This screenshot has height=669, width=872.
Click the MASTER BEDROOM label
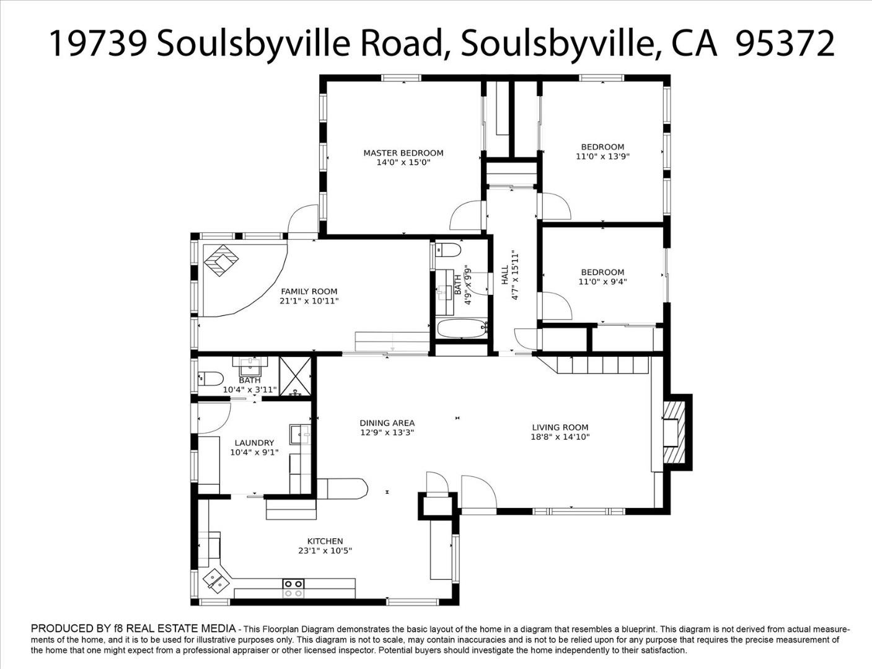(403, 153)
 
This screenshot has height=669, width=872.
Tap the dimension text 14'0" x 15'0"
(403, 162)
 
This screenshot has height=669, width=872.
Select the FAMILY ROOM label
(309, 292)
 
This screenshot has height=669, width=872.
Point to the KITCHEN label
(325, 541)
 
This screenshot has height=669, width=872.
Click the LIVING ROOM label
(560, 427)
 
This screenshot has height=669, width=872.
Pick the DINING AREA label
(387, 422)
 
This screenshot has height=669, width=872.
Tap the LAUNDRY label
(254, 443)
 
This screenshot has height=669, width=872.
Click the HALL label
(505, 275)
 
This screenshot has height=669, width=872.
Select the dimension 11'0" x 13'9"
(602, 157)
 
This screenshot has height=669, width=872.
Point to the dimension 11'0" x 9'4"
(602, 282)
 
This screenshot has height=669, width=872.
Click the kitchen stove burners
(293, 588)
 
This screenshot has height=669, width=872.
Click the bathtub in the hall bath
(462, 329)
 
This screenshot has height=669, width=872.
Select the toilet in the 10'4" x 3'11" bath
(211, 378)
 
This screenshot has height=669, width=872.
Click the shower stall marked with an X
(295, 376)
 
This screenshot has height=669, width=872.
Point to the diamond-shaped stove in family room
(221, 260)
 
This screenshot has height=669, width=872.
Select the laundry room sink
(300, 434)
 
